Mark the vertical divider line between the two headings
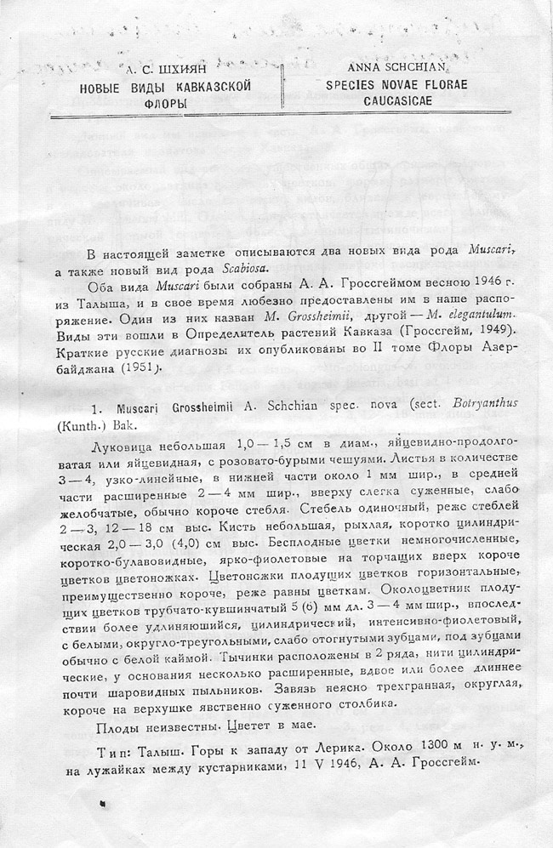(x=282, y=85)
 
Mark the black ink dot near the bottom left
(x=103, y=801)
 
